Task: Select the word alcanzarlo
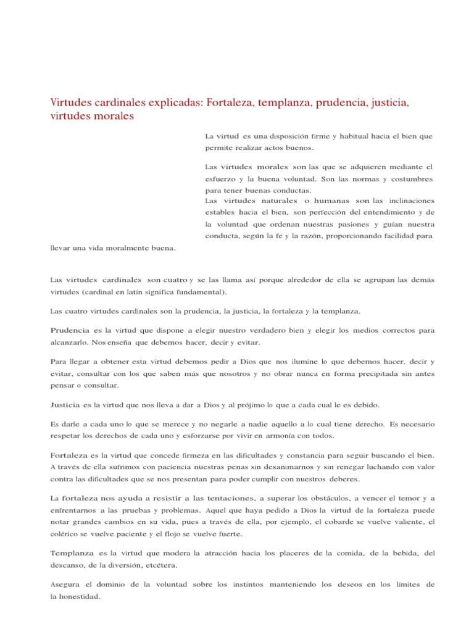tap(69, 341)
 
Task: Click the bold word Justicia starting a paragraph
tap(64, 405)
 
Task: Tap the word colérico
tap(65, 534)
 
